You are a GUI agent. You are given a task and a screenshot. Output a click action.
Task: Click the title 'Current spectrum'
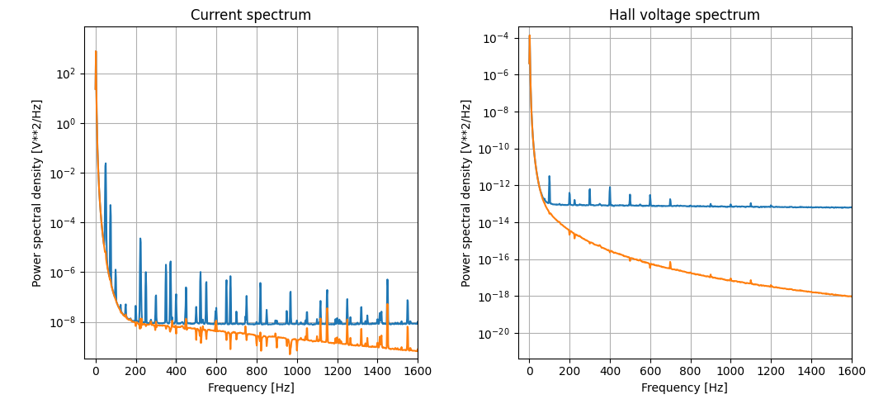pos(251,15)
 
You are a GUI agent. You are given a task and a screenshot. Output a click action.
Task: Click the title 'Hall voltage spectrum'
pos(684,15)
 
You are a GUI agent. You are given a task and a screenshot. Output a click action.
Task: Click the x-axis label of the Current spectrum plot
pos(251,387)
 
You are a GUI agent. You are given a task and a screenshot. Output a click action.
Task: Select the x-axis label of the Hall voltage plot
pos(684,387)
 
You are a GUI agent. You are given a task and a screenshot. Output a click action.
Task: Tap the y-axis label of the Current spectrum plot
pos(37,193)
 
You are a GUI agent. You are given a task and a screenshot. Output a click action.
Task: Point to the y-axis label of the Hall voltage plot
pos(466,193)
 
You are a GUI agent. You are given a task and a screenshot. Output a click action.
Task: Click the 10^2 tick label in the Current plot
pos(65,74)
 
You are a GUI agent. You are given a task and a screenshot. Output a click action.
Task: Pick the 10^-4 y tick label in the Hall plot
pos(497,38)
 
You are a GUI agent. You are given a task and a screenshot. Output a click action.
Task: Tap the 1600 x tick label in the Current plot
pos(418,372)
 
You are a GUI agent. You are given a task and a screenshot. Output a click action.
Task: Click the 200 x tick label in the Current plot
pos(136,372)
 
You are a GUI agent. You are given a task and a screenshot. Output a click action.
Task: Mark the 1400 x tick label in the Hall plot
pos(811,372)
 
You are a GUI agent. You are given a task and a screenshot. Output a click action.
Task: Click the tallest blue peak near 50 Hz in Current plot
pos(106,164)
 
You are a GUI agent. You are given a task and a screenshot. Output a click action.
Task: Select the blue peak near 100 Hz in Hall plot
pos(550,177)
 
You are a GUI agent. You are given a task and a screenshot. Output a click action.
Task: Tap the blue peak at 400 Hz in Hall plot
pos(610,188)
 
